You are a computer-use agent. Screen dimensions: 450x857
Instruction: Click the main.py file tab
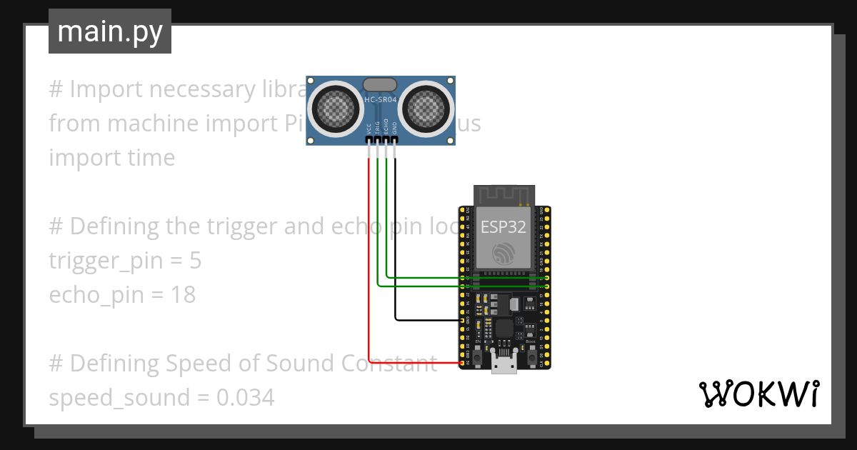(x=110, y=31)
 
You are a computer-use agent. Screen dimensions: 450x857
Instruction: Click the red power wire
(x=369, y=271)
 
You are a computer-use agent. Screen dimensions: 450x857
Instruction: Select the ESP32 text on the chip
(x=503, y=227)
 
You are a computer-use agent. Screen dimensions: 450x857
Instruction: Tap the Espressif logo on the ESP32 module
(x=503, y=253)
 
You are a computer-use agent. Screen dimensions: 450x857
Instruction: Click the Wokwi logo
(x=759, y=394)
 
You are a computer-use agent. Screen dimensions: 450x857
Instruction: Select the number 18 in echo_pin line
(x=183, y=295)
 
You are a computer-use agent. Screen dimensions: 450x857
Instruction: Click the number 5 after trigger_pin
(x=196, y=261)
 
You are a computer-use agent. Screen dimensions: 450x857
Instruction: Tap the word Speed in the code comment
(x=197, y=364)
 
